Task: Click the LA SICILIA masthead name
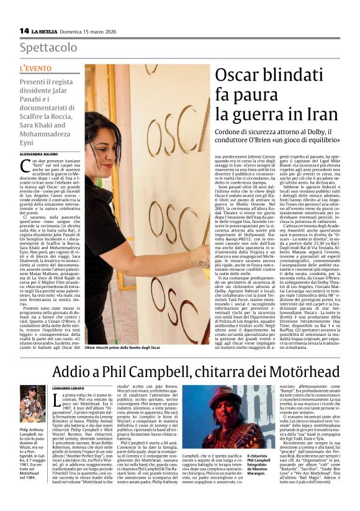coord(46,31)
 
